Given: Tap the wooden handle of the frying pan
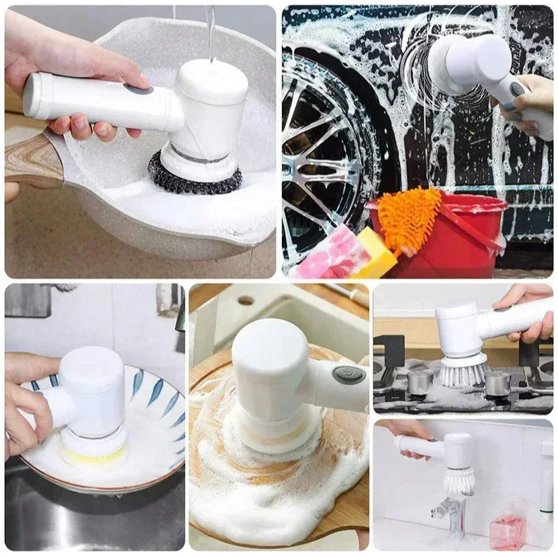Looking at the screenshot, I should [x=32, y=160].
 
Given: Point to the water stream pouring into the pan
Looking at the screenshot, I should [x=211, y=32].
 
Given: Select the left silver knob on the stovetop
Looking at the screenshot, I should [x=420, y=381].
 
